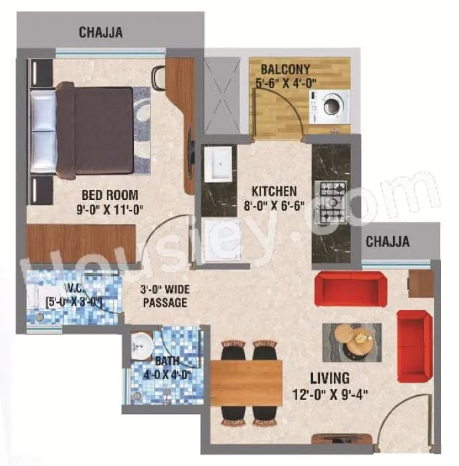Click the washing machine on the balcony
[329, 106]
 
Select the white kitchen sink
[217, 164]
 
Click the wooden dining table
[246, 382]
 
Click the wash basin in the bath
[141, 344]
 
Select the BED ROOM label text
[110, 195]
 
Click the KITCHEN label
[274, 191]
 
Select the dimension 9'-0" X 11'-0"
[110, 209]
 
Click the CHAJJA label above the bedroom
[100, 32]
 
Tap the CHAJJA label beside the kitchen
[387, 241]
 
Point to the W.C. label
[73, 289]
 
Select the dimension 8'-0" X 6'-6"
[274, 205]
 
